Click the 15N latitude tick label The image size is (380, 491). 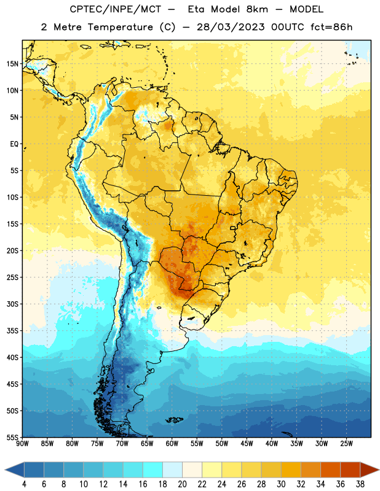pos(12,64)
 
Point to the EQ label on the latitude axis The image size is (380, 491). pos(14,144)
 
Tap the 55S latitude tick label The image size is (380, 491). pos(12,437)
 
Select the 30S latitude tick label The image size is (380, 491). pos(12,304)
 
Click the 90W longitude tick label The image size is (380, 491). pos(22,444)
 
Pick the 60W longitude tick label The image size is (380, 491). pos(172,444)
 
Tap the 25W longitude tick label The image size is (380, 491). pos(346,444)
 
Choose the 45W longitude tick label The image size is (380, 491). pos(247,444)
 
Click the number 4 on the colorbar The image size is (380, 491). pos(24,484)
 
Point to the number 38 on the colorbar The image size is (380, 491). pos(360,484)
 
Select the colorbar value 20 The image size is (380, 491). pos(182,484)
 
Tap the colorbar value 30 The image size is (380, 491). pos(281,484)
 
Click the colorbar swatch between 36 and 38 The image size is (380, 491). pos(350,470)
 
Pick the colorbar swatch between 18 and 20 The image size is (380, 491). pos(172,470)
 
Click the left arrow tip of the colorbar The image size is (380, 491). pos(5,470)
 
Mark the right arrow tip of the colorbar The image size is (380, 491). pos(379,470)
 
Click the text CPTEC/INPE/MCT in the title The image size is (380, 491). pos(115,9)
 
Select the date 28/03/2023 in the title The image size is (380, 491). pos(231,27)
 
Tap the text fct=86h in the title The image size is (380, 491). pos(331,27)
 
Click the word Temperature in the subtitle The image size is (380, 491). pos(120,27)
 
